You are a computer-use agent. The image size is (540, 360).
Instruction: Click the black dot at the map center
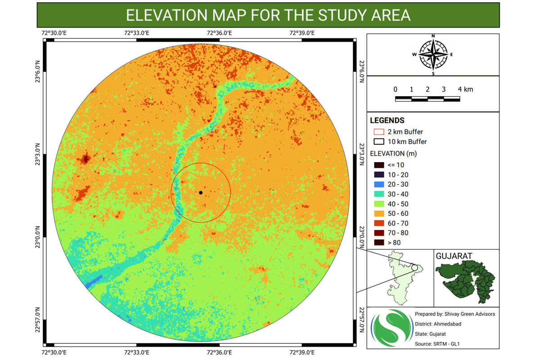201,193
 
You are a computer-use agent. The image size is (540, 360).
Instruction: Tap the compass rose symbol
433,54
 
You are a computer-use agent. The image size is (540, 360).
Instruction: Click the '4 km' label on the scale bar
466,89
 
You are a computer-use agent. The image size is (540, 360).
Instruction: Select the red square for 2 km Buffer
378,132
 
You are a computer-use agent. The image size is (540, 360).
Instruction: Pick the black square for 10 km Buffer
378,142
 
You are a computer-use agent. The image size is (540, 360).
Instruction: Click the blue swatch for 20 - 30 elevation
378,184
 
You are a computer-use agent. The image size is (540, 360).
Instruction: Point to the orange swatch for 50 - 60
378,213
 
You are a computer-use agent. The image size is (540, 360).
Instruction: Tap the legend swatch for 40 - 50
378,204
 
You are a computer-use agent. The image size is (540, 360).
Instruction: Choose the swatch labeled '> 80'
378,243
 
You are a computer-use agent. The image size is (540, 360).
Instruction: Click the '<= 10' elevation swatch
378,165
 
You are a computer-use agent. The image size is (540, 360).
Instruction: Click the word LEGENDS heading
387,121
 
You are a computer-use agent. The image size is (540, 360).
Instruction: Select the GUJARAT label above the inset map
454,256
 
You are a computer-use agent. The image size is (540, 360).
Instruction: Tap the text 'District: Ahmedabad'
438,324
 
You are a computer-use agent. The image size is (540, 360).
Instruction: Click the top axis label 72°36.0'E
219,33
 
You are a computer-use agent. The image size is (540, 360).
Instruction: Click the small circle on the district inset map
414,267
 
